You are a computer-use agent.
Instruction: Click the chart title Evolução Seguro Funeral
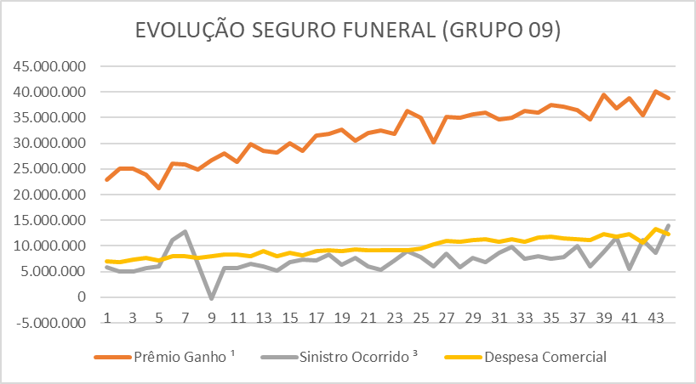click(x=348, y=31)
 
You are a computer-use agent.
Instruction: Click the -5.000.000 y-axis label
click(x=52, y=323)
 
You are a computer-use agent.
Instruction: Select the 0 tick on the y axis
click(x=83, y=297)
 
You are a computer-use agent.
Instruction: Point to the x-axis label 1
click(x=108, y=318)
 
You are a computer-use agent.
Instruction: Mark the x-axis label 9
click(x=211, y=318)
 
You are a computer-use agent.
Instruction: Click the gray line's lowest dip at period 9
click(x=211, y=299)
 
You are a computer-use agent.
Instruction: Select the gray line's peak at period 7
click(x=185, y=231)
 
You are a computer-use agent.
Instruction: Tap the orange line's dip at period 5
click(x=159, y=188)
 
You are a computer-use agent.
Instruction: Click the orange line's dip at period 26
click(x=434, y=142)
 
